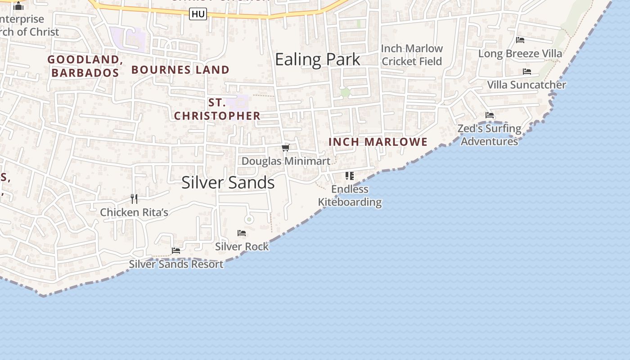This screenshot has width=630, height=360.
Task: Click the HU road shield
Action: pos(198,14)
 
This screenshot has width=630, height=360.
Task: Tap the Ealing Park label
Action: pos(318,59)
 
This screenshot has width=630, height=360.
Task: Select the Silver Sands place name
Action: pos(228,182)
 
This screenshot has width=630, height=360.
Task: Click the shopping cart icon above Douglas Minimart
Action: pos(285,148)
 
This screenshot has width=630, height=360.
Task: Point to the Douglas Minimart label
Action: pos(286,161)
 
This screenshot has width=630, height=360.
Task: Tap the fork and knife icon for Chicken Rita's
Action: pos(134,198)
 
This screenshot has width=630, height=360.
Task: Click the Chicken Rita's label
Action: pos(134,212)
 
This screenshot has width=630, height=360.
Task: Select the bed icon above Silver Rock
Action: pos(242,233)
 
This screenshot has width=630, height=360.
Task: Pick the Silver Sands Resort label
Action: pos(176,264)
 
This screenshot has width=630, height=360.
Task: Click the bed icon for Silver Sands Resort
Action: pos(176,250)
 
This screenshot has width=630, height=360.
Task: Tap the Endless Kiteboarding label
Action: pos(350,196)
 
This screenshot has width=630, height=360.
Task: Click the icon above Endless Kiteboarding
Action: pos(350,175)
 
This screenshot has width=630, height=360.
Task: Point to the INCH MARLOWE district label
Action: pos(378,142)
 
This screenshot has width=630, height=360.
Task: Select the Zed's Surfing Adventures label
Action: pos(489,135)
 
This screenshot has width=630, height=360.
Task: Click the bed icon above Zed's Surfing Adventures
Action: pos(490,115)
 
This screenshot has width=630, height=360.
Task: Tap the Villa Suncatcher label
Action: pos(526,85)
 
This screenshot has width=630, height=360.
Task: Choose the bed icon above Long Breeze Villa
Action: pos(520,40)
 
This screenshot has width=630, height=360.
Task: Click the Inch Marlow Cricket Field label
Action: pos(412,55)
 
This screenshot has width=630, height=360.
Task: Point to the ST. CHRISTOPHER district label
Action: pos(217,109)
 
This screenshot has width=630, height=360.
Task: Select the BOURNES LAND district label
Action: pos(180,70)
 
